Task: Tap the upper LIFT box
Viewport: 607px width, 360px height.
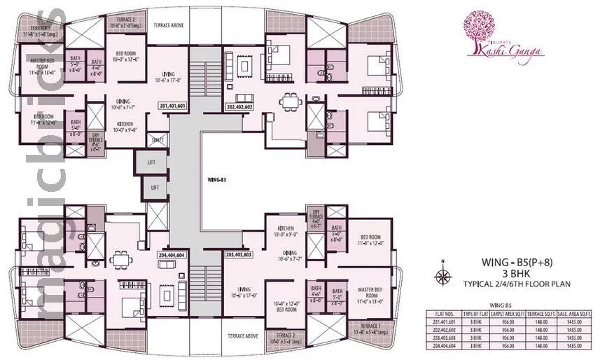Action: coord(151,162)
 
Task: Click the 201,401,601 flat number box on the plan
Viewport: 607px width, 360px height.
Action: coord(172,106)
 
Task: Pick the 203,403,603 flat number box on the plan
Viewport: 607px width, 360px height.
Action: coord(239,255)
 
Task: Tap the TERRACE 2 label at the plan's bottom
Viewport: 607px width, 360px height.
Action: coord(284,335)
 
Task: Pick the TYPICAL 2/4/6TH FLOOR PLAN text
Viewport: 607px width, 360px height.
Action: coord(518,284)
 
